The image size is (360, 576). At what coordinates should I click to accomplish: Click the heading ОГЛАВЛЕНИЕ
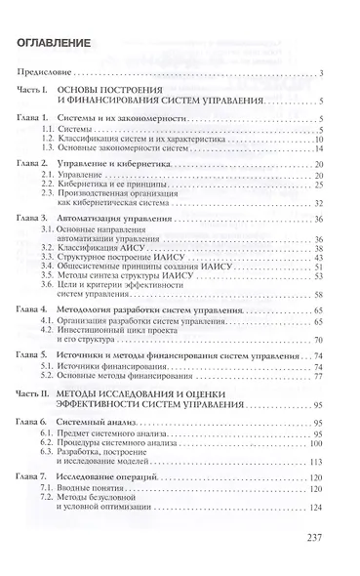(x=64, y=45)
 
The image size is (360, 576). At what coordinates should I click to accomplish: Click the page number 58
(x=321, y=294)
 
